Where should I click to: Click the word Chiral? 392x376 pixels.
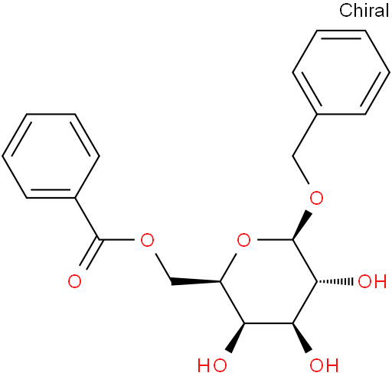(364, 11)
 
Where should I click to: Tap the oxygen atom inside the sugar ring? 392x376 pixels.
(243, 240)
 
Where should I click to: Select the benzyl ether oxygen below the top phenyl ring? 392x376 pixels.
(316, 198)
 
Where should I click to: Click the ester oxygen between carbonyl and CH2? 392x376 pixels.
(147, 240)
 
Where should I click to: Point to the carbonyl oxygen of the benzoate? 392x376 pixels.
(74, 281)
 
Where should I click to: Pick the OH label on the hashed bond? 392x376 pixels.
(372, 281)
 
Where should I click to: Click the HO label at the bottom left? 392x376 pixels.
(212, 365)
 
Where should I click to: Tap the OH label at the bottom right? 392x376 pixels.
(324, 365)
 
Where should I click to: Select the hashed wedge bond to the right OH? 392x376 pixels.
(335, 281)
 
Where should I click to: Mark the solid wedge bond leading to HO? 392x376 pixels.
(236, 338)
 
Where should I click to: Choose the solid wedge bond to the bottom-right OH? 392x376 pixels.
(302, 338)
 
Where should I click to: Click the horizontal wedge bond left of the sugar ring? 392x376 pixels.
(195, 281)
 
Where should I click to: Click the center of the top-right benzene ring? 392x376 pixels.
(341, 73)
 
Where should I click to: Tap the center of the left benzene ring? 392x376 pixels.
(51, 156)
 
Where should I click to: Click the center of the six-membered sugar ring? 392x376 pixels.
(269, 281)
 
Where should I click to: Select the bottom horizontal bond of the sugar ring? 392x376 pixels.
(269, 323)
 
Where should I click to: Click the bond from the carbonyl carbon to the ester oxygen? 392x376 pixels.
(116, 240)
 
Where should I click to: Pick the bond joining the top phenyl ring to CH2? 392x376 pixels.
(305, 135)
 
